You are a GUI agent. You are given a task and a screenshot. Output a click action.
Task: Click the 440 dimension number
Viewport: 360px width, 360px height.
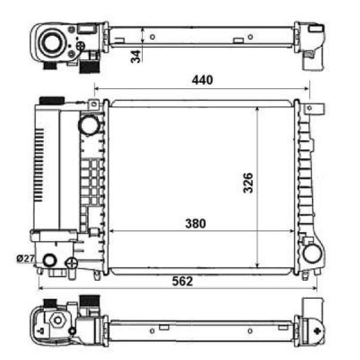[202, 80]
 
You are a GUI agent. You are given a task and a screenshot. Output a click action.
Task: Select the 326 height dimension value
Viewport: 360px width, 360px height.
[247, 184]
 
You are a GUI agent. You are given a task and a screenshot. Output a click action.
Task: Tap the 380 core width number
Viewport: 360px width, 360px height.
[195, 224]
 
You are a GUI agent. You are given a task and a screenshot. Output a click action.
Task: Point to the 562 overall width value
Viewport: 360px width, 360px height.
[182, 281]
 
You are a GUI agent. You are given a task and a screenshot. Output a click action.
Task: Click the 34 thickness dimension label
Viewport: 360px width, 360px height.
[136, 56]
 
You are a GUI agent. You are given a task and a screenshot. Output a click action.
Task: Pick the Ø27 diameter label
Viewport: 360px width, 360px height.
[25, 258]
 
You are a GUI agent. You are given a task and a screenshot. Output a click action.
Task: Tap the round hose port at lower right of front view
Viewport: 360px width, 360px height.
[311, 253]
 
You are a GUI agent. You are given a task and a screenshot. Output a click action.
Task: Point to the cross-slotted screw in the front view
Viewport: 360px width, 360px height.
[71, 262]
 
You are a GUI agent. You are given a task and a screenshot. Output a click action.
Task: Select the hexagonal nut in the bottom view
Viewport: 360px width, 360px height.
[58, 320]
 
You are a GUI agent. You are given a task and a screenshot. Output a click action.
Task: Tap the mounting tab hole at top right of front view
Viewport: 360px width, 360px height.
[310, 109]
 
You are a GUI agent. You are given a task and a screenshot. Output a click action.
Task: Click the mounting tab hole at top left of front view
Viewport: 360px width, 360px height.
[93, 105]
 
